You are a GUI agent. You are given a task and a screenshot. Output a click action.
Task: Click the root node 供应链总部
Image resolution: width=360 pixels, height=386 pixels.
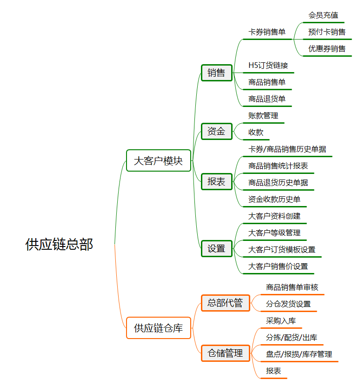click(59, 245)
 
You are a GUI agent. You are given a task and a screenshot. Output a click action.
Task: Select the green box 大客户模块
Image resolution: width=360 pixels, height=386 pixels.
click(159, 160)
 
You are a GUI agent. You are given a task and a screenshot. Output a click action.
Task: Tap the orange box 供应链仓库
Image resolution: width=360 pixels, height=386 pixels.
click(159, 328)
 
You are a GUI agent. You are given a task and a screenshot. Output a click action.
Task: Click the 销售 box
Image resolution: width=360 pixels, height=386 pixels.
click(217, 73)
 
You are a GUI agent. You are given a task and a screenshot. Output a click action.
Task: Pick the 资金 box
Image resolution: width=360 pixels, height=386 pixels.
click(217, 131)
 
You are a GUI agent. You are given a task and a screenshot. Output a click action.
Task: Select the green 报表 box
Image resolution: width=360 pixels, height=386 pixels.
click(217, 182)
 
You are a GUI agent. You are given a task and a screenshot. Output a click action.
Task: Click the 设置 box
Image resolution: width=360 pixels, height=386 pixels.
click(217, 249)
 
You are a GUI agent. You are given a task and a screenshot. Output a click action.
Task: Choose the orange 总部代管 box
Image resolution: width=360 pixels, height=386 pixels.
click(226, 303)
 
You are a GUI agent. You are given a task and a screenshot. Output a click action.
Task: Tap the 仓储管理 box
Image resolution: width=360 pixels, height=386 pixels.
click(226, 353)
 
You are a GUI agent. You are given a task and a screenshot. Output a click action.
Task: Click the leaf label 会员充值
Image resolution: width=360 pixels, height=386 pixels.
click(323, 15)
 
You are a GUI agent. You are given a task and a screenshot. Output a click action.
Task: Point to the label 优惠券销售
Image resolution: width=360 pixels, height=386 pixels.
click(327, 49)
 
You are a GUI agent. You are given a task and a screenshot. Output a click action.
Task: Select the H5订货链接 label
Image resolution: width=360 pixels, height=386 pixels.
click(268, 66)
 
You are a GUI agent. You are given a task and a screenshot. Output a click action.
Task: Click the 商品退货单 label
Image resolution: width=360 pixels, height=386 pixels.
click(267, 99)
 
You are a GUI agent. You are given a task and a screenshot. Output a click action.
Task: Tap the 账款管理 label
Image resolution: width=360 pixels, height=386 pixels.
click(263, 116)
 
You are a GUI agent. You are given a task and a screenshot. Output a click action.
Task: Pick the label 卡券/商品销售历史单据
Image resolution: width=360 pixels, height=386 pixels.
click(287, 149)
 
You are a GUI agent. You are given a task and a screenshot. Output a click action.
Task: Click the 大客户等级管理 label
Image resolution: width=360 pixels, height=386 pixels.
click(274, 233)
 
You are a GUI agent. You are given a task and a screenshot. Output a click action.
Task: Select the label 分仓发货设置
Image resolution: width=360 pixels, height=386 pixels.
click(288, 304)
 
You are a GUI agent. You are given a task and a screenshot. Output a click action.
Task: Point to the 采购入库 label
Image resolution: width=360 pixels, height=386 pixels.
click(281, 321)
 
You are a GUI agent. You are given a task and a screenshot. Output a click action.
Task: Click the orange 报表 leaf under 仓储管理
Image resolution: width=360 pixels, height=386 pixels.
click(273, 371)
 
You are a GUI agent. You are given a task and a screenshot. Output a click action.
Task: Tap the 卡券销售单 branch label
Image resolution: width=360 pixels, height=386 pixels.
click(267, 32)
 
